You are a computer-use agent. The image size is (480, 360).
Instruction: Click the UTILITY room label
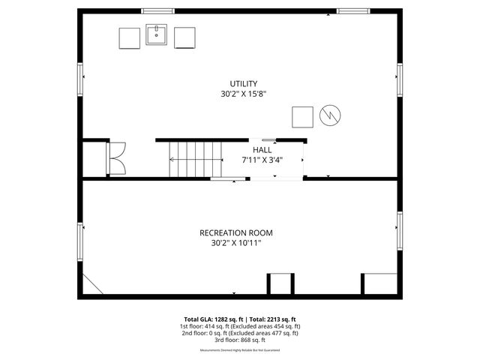(x=244, y=83)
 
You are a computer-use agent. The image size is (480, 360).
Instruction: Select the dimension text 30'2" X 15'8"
(x=244, y=94)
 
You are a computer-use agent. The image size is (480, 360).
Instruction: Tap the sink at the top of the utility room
(x=157, y=35)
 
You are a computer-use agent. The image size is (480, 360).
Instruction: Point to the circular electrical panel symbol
(x=329, y=116)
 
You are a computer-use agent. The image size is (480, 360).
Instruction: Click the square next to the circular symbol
(x=302, y=117)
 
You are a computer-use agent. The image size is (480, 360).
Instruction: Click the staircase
(x=196, y=159)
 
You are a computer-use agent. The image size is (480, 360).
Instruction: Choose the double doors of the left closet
(x=117, y=157)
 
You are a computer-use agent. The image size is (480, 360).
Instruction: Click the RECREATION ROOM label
(x=235, y=232)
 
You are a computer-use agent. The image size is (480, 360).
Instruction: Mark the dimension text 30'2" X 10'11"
(x=235, y=243)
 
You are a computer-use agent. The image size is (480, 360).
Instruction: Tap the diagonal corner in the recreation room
(x=93, y=284)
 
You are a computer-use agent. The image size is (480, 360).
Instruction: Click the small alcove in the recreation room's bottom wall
(x=281, y=284)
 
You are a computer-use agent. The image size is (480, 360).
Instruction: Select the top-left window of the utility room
(x=157, y=11)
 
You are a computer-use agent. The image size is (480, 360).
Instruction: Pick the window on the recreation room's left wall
(x=80, y=242)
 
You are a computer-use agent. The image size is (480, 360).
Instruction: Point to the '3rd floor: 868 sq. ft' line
(x=240, y=340)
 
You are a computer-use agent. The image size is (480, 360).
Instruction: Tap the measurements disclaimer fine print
(x=240, y=350)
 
